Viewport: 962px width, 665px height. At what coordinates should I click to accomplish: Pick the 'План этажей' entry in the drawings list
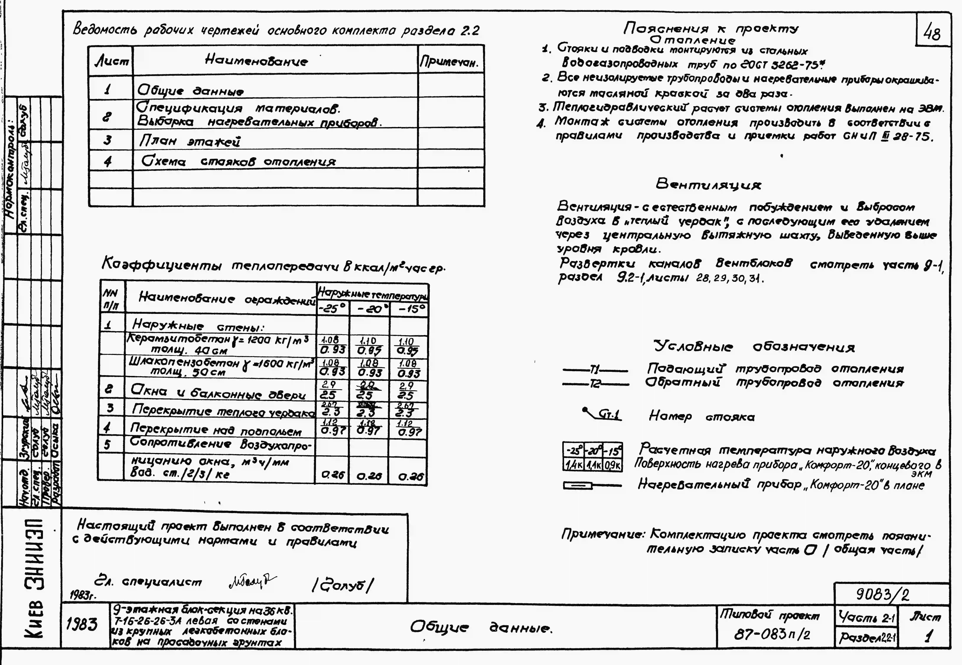coord(189,141)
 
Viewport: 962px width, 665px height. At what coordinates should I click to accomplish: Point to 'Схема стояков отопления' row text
coord(238,161)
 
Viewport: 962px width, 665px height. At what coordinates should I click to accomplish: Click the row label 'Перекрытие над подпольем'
coord(216,430)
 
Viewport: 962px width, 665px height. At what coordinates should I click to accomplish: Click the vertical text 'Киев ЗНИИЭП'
coord(35,579)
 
